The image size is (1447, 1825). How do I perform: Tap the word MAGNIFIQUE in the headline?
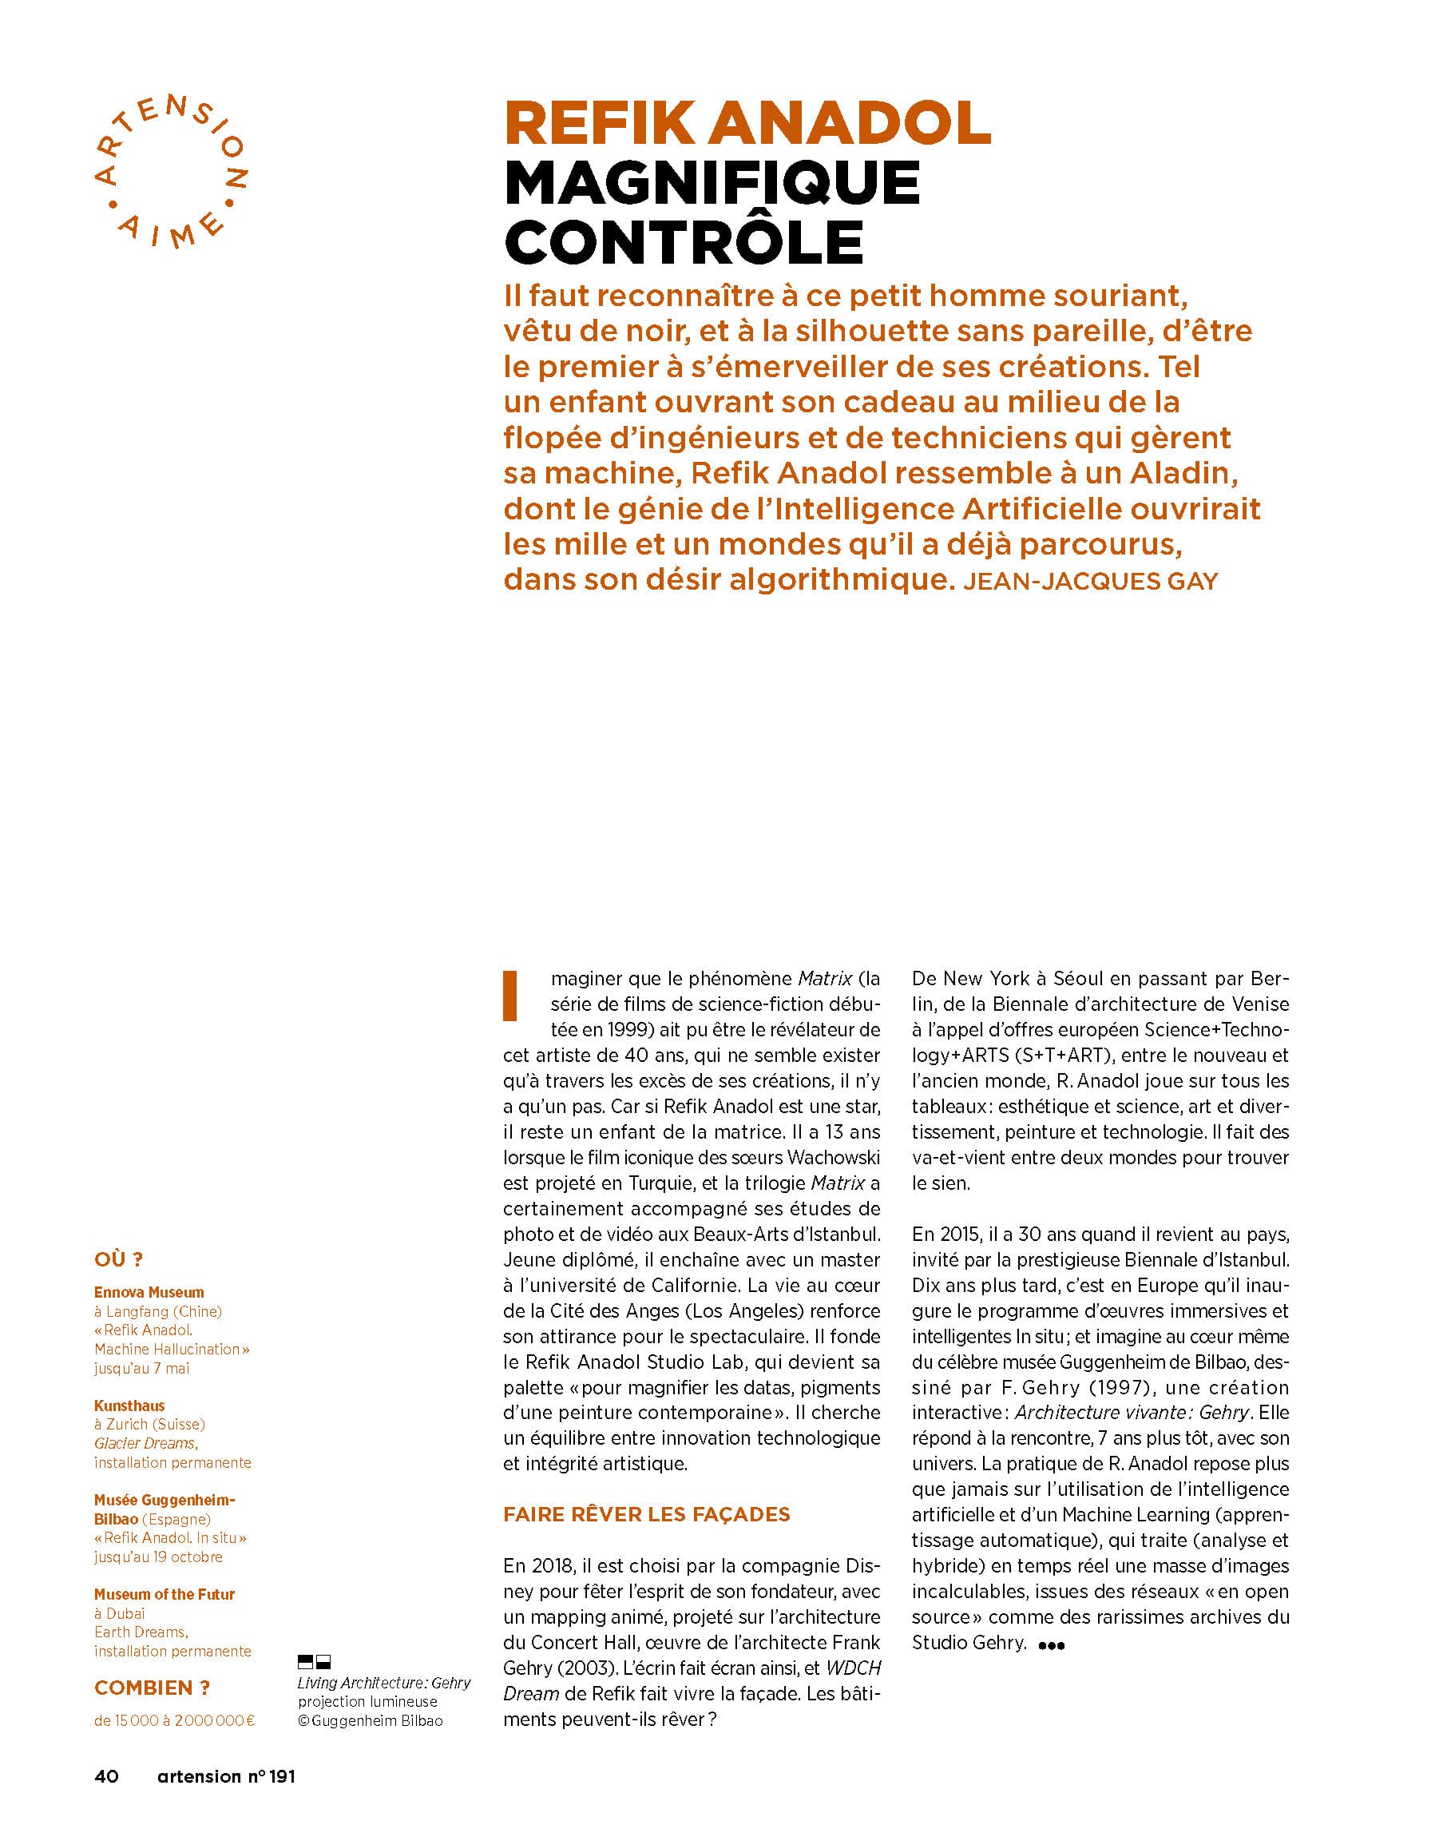coord(712,184)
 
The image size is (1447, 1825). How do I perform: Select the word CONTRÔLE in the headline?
coord(684,243)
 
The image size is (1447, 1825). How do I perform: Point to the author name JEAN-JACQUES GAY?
coord(1090,582)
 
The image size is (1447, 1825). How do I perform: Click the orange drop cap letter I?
coord(510,996)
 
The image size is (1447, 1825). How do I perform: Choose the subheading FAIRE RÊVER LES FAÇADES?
coord(646,1514)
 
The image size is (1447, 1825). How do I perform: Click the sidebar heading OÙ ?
coord(118,1259)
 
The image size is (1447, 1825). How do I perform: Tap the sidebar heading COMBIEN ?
coord(152,1688)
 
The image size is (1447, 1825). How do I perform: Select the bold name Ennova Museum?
coord(149,1293)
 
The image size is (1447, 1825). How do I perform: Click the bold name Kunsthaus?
coord(129,1406)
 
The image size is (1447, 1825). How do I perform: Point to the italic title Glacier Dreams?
coord(145,1443)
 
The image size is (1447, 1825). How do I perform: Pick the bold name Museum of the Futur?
coord(165,1595)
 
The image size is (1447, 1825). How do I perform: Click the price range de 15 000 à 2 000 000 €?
coord(173,1721)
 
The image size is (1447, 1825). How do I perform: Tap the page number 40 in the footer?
coord(107,1777)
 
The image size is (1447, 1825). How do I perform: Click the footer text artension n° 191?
coord(226,1777)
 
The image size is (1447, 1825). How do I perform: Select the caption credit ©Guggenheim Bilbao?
coord(370,1721)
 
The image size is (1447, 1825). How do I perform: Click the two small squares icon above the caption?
coord(314,1662)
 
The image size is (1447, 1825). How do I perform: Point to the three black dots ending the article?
coord(1050,1645)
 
